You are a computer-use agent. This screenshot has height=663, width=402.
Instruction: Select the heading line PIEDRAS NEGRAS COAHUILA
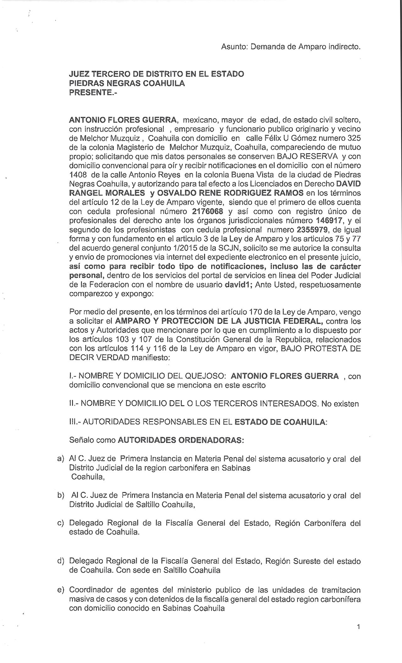point(127,83)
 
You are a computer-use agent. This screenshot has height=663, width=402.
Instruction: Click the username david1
point(238,285)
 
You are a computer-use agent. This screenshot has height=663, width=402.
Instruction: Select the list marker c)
point(60,523)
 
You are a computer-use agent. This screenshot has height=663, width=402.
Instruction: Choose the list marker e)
point(60,590)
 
